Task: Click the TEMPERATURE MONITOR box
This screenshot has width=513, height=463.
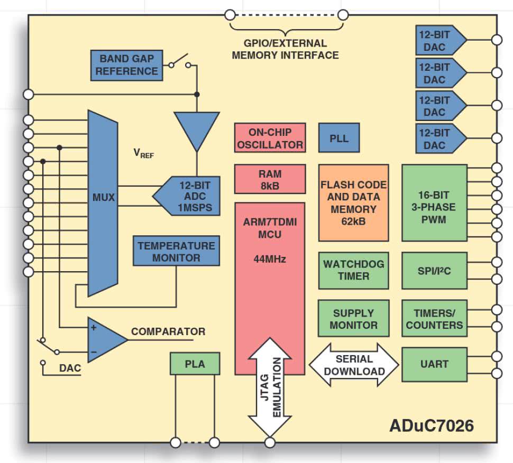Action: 176,251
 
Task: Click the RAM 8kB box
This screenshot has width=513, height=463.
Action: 270,179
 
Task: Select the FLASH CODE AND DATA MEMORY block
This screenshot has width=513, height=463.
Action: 353,203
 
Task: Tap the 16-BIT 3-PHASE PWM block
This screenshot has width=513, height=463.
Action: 434,203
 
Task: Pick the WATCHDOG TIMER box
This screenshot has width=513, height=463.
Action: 353,270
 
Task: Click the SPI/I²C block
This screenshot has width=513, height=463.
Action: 434,270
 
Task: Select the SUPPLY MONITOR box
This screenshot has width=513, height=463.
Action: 353,319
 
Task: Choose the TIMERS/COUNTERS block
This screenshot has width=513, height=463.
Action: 434,319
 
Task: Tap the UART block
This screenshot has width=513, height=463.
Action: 434,364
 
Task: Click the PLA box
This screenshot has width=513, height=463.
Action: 195,364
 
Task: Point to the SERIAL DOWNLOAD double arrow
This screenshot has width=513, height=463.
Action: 354,364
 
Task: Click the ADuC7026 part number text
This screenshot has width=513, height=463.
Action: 432,425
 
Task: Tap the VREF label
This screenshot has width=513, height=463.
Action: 143,154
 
